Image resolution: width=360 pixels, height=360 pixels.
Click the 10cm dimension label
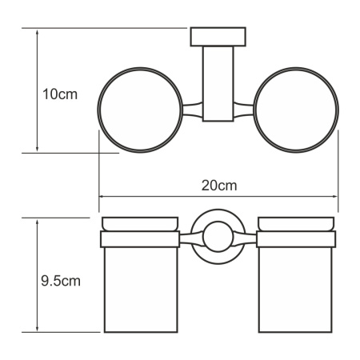click(59, 94)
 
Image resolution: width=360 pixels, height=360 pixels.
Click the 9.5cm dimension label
click(60, 281)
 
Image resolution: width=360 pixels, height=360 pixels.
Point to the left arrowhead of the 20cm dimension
click(102, 196)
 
